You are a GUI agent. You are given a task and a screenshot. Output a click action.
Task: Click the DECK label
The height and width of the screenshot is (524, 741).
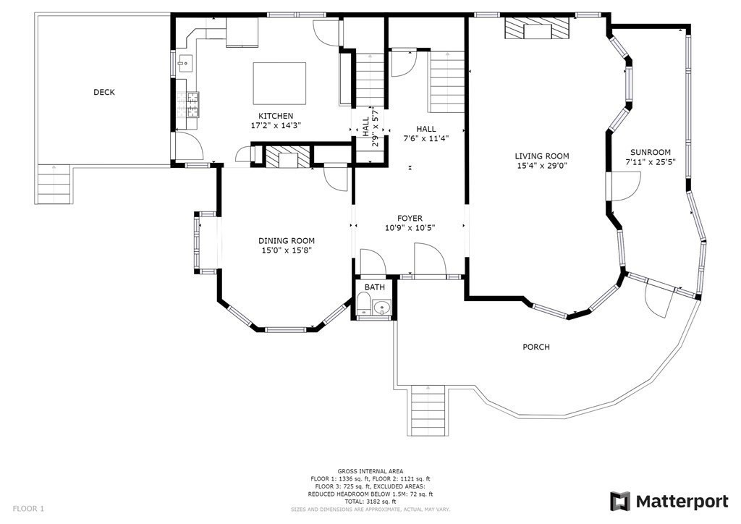click(104, 92)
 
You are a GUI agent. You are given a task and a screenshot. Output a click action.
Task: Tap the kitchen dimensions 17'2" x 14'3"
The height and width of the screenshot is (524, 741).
click(276, 125)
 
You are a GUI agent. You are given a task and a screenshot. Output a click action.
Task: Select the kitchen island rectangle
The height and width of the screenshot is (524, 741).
click(279, 83)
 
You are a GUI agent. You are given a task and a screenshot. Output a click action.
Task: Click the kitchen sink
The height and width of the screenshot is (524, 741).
click(185, 63)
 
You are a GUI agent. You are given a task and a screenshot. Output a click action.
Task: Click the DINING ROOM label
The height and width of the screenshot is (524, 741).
click(287, 241)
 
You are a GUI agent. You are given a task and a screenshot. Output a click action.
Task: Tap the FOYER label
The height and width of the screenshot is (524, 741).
click(410, 219)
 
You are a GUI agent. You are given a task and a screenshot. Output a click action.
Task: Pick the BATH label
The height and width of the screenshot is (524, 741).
click(375, 287)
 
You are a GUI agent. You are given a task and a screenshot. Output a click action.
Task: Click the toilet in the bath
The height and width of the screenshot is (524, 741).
click(364, 303)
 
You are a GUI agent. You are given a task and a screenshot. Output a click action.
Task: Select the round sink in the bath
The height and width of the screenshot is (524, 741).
click(381, 308)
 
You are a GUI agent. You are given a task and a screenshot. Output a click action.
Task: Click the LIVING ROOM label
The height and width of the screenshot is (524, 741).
click(541, 156)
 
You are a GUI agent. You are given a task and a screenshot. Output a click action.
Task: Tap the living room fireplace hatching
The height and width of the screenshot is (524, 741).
click(537, 28)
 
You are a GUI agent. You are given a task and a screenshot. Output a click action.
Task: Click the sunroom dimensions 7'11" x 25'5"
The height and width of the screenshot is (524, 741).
click(651, 161)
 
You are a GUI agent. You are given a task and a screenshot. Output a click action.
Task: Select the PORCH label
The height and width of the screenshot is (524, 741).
click(536, 347)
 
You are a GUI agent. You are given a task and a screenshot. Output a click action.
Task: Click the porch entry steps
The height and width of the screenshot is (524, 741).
click(428, 410)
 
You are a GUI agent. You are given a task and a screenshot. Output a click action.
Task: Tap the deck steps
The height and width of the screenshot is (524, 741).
click(54, 184)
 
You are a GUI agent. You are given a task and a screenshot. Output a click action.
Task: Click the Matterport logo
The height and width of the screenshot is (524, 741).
click(669, 502)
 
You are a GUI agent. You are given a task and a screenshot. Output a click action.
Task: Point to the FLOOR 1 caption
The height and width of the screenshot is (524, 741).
click(28, 509)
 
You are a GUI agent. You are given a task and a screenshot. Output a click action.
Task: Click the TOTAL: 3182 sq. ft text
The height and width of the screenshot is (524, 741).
click(370, 502)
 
